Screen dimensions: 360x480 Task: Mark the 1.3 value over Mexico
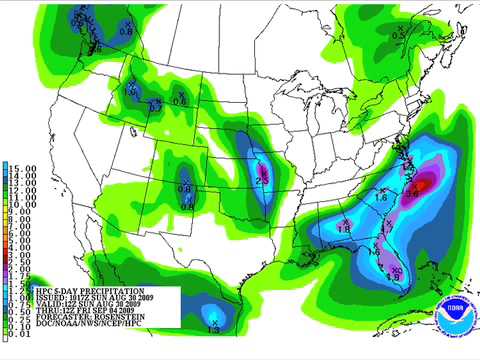(213, 329)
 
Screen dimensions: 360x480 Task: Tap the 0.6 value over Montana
(180, 102)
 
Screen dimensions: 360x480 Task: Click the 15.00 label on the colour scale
(24, 168)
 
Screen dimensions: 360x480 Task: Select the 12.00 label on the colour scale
(24, 189)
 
